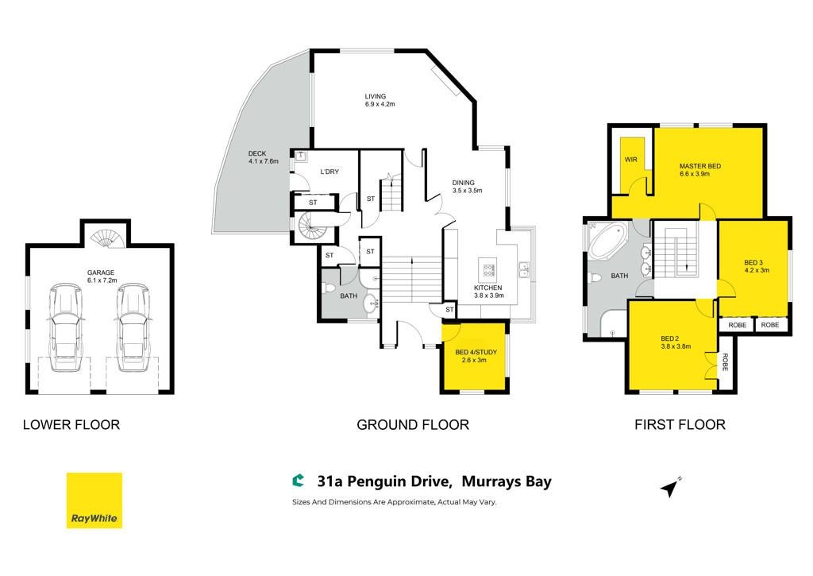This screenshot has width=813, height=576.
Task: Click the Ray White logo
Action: pos(94,501)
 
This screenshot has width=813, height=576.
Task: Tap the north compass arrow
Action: pos(670,487)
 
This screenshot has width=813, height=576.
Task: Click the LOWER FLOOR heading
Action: pos(71,425)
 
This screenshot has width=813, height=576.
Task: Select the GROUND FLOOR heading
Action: pos(413,425)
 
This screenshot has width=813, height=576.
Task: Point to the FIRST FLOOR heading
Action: pos(680,425)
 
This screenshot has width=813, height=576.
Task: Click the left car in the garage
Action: pos(66,327)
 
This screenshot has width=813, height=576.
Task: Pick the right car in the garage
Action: pos(133,327)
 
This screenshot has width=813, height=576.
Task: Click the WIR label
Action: pos(631,160)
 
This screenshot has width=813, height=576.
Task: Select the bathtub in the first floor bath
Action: pos(607,241)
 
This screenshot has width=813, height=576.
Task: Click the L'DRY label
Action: pos(329,172)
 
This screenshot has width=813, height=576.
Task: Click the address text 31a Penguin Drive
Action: pos(383,481)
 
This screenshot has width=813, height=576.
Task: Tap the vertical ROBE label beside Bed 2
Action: pos(725,361)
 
